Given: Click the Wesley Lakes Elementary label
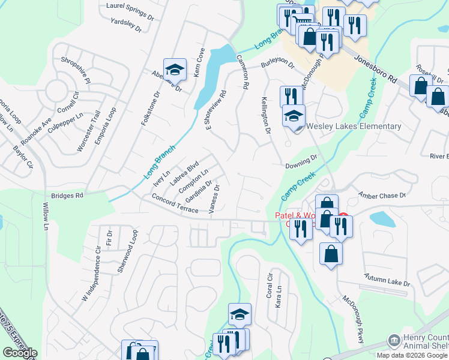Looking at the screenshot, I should tap(354, 126).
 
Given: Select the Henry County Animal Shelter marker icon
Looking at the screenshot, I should tap(394, 340).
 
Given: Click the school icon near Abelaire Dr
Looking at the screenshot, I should tap(175, 70).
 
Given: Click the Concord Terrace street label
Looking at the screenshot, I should tap(175, 204).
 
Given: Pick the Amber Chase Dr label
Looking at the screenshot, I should tap(382, 195).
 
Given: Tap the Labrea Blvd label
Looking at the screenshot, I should tap(184, 172).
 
